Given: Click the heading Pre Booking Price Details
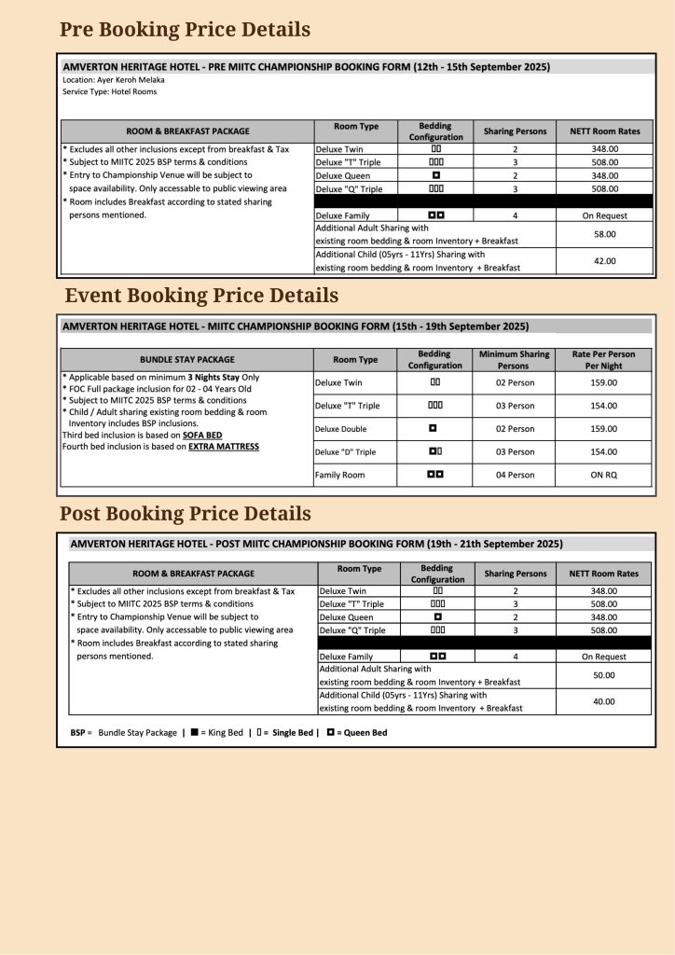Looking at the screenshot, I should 185,30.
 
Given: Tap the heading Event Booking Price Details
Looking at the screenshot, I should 201,296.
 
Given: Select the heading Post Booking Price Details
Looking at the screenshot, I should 186,514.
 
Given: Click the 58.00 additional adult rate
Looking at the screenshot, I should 604,234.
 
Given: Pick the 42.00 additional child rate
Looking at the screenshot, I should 604,261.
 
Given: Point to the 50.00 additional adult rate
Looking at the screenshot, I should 604,674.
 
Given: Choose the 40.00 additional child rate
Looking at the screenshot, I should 604,701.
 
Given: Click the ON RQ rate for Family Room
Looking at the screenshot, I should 604,475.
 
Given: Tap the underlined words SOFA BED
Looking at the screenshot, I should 201,435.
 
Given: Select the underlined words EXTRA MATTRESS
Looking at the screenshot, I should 224,447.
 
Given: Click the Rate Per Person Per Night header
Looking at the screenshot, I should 604,360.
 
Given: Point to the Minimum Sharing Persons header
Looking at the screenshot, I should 515,360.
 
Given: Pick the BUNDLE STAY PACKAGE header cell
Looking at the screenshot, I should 187,359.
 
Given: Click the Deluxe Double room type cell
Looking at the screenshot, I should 341,429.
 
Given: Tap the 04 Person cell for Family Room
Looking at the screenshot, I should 515,475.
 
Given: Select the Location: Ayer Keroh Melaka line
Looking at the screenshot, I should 113,80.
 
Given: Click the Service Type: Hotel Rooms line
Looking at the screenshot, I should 109,91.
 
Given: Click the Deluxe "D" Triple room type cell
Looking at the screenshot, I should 346,452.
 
